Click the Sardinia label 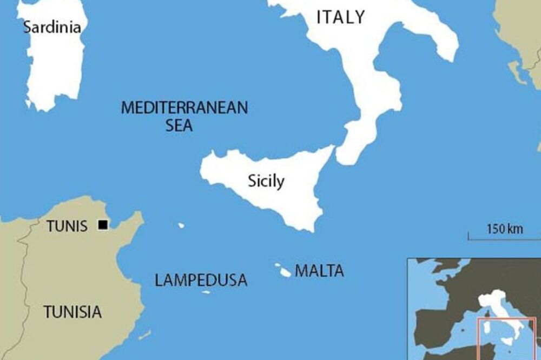pyautogui.click(x=52, y=27)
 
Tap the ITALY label pyautogui.click(x=340, y=17)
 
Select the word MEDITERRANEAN pyautogui.click(x=184, y=108)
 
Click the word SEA pyautogui.click(x=179, y=126)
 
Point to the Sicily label pyautogui.click(x=266, y=181)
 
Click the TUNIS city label pyautogui.click(x=67, y=226)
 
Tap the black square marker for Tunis pyautogui.click(x=103, y=225)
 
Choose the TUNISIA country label pyautogui.click(x=72, y=312)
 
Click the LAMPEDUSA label pyautogui.click(x=201, y=280)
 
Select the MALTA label pyautogui.click(x=319, y=271)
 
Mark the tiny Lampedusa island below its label pyautogui.click(x=206, y=292)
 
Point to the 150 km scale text pyautogui.click(x=505, y=229)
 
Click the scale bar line pyautogui.click(x=503, y=238)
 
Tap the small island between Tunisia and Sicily pyautogui.click(x=181, y=225)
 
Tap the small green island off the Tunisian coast pyautogui.click(x=144, y=335)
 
